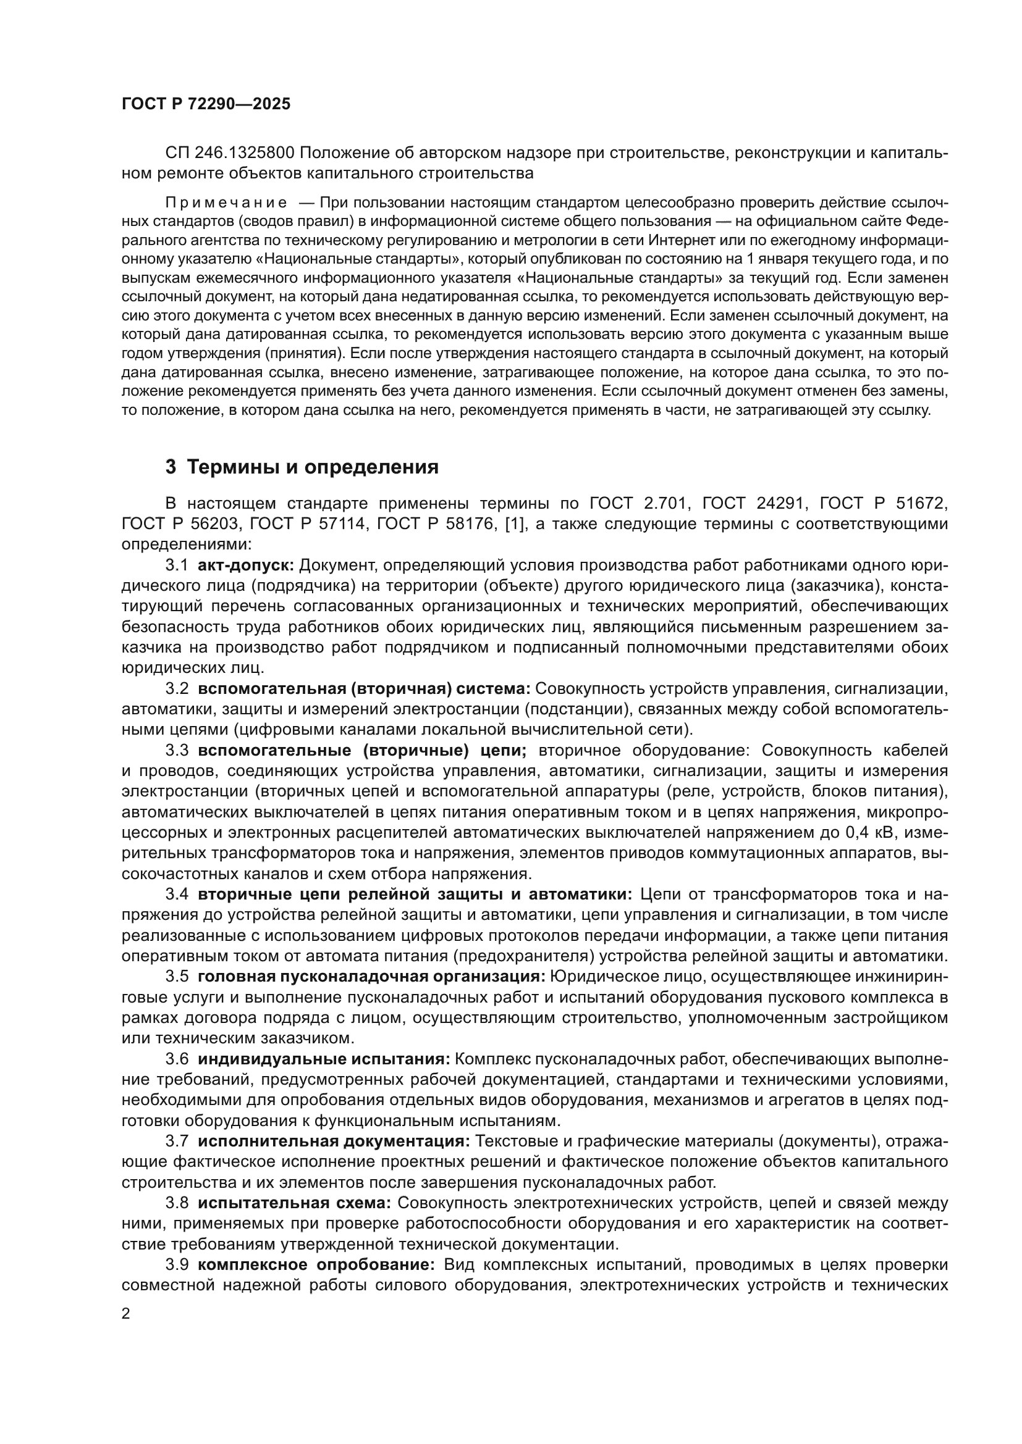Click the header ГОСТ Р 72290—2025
[206, 104]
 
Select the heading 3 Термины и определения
[302, 467]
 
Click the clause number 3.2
[177, 689]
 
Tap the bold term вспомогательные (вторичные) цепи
[363, 750]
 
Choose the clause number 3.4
[177, 895]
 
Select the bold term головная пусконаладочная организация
[371, 977]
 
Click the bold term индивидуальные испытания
[324, 1059]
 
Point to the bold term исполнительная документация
[334, 1141]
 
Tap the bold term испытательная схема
[295, 1203]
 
